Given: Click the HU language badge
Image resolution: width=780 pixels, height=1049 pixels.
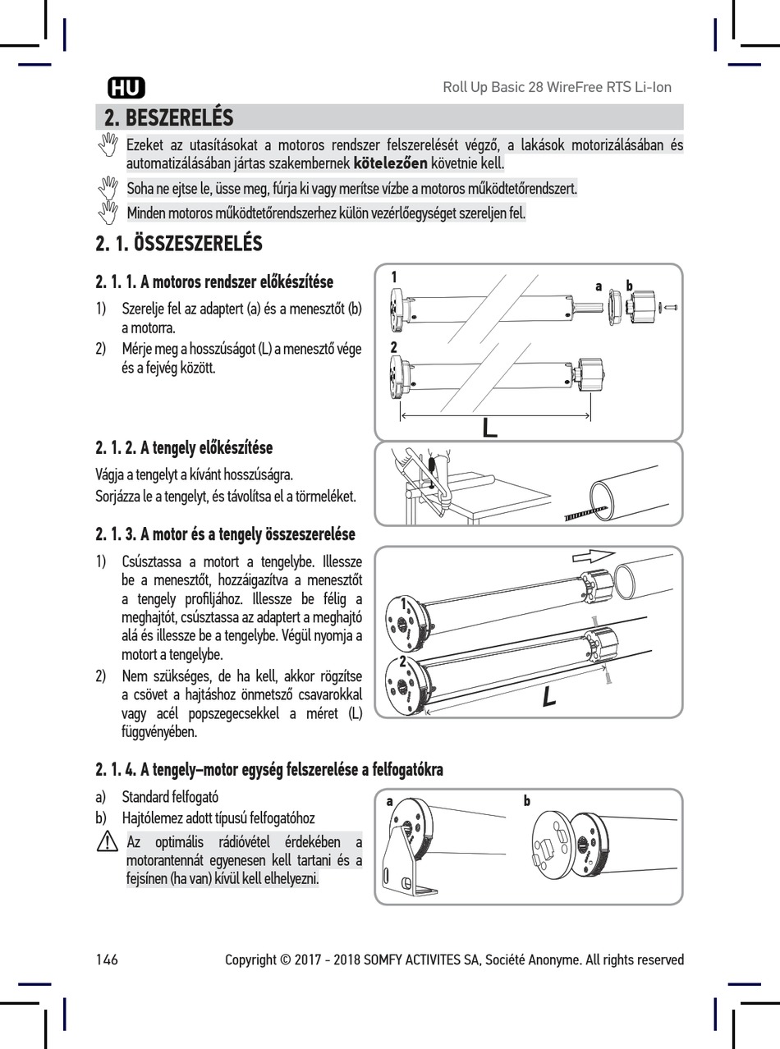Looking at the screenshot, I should click(x=126, y=87).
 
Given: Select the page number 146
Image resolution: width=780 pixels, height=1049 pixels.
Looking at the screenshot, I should click(x=107, y=960).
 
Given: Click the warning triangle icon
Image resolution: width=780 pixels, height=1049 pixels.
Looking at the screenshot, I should click(x=108, y=841).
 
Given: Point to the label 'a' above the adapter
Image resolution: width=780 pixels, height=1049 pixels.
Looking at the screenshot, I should click(x=599, y=286).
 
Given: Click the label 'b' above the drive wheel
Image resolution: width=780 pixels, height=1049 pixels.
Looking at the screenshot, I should click(x=629, y=286).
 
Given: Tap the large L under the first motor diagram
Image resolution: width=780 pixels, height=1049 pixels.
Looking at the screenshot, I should click(x=490, y=427).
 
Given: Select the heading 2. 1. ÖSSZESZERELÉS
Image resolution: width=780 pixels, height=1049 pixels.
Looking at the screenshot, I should click(x=179, y=244).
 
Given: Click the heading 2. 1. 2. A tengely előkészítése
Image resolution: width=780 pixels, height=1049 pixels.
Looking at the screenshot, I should click(x=184, y=448).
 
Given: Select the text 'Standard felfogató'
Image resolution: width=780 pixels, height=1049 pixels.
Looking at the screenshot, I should click(x=170, y=797).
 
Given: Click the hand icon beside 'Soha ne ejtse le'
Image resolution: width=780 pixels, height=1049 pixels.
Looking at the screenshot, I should click(x=108, y=187).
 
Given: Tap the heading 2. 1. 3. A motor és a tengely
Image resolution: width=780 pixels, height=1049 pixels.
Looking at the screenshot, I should click(x=225, y=535).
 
